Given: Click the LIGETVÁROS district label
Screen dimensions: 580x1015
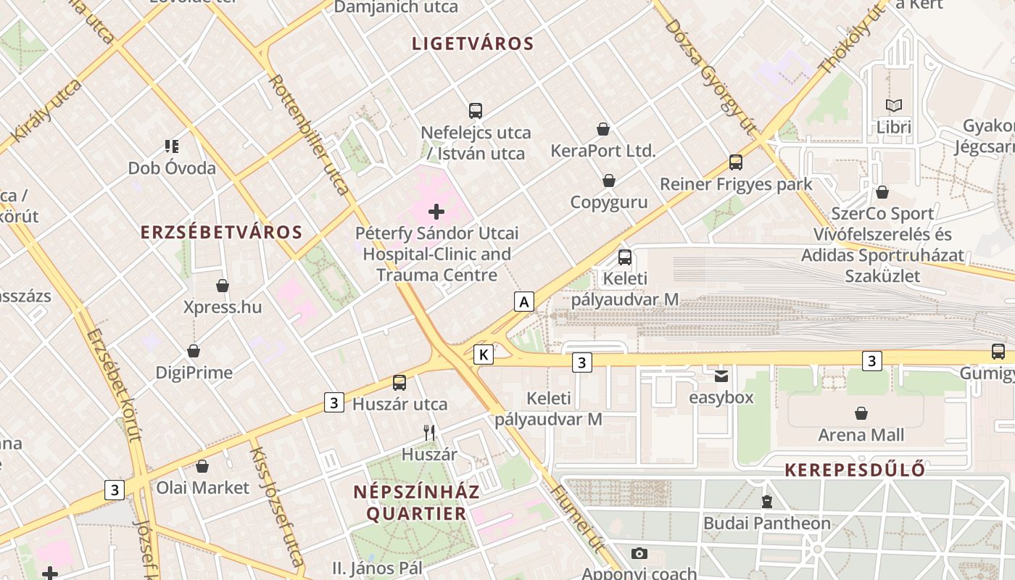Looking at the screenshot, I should coord(473,43).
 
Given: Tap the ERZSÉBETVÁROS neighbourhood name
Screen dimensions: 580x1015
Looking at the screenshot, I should coord(221,232).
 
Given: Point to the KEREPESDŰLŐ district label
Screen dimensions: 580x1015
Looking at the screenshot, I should coord(855,470).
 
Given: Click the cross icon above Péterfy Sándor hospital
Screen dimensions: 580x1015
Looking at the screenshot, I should coord(436,212).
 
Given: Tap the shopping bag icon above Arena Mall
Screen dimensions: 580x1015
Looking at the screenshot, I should coord(861,413).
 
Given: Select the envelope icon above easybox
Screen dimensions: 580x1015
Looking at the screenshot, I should coord(721,376).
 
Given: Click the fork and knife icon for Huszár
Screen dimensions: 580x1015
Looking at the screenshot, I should coord(429,433).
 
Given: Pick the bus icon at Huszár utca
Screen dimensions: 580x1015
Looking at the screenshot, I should coord(399,383).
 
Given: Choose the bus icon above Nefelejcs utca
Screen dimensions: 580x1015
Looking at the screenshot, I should coord(476,111).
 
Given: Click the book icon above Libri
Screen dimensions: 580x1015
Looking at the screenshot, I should coord(893,105).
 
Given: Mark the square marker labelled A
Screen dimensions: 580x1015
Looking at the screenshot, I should coord(523,301).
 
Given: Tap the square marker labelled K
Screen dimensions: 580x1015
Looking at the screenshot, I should coord(484,355).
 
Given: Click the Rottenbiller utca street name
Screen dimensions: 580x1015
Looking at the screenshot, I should coord(309,134).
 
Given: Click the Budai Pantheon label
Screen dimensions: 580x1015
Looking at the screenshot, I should coord(767,523).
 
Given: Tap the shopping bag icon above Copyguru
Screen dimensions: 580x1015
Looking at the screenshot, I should coord(609,181).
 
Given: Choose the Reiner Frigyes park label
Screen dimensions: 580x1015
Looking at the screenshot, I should coord(736,184).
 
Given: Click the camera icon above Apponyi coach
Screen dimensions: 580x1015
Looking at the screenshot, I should coord(639,553).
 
